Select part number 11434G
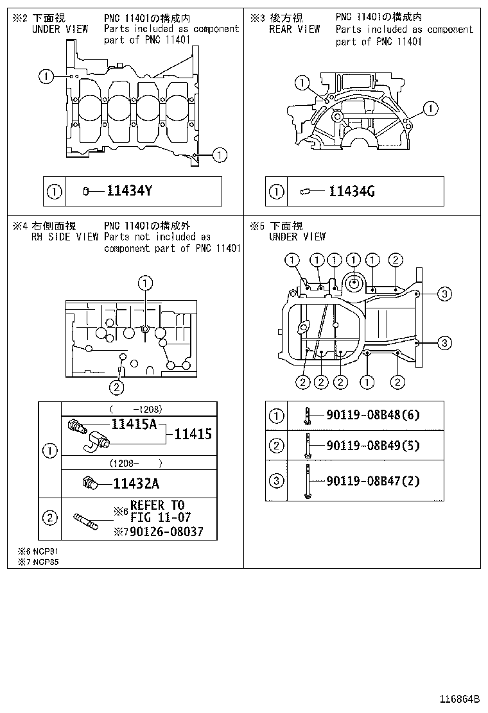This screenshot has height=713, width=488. click(x=351, y=191)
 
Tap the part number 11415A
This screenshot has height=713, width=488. click(x=134, y=424)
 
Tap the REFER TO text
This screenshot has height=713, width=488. click(x=157, y=505)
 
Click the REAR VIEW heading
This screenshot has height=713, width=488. click(x=294, y=29)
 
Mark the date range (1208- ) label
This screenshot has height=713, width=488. click(x=135, y=463)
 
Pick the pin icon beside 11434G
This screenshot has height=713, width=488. click(x=305, y=191)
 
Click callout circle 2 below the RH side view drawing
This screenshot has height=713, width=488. click(x=116, y=387)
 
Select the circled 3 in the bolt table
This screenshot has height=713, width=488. click(x=276, y=480)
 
